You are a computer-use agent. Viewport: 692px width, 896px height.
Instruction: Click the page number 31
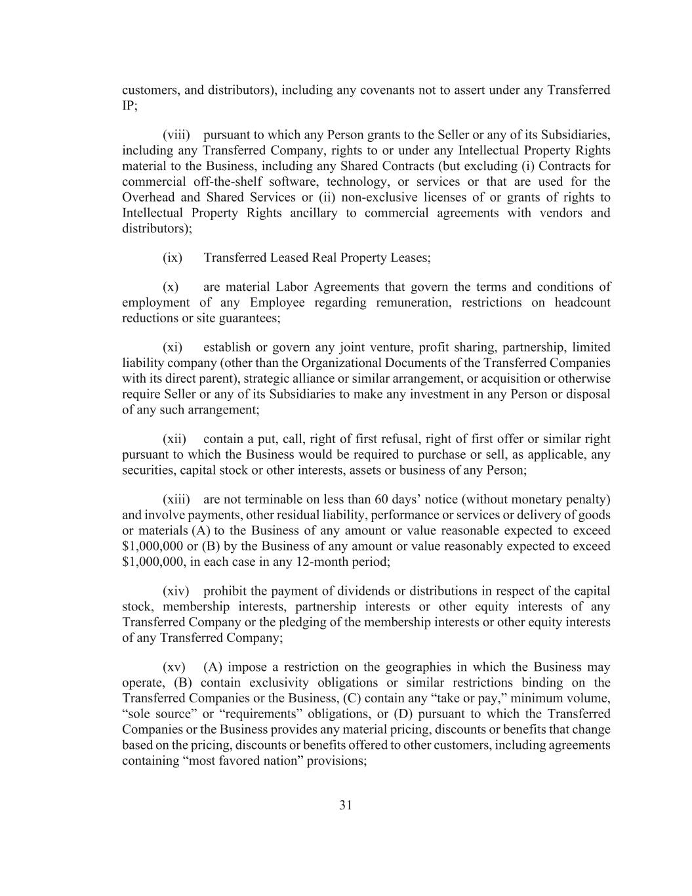[346, 805]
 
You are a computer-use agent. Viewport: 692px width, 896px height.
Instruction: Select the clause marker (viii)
[176, 135]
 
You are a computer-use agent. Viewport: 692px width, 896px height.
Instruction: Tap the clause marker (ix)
[173, 258]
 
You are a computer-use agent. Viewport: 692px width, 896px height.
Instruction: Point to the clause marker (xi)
[173, 347]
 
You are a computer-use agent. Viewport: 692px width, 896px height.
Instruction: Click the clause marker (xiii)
[176, 500]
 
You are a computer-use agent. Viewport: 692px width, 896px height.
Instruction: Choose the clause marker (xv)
[174, 668]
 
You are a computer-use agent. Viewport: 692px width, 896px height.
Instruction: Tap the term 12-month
[316, 563]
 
